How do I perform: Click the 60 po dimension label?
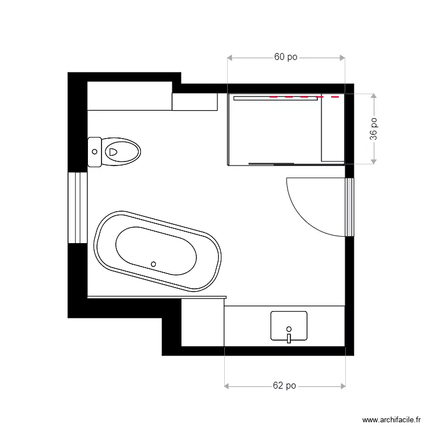[286, 57]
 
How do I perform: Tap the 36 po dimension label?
[374, 129]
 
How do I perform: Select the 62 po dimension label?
[284, 386]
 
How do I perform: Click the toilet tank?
[95, 152]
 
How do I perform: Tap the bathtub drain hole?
[153, 264]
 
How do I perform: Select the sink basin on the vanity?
[289, 325]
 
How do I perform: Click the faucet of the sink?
[289, 338]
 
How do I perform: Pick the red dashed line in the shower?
[304, 98]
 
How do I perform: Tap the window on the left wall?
[78, 207]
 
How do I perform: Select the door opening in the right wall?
[350, 207]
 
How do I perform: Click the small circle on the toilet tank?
[95, 152]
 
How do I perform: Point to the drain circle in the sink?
[289, 329]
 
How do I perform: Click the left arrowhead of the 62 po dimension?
[227, 386]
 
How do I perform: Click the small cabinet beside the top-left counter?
[195, 102]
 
